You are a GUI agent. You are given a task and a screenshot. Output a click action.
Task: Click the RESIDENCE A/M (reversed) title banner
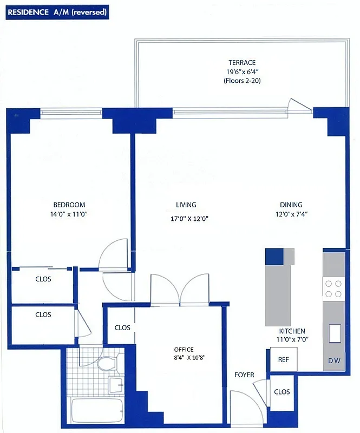pos(57,11)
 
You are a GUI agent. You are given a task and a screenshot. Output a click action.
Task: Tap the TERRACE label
pos(241,63)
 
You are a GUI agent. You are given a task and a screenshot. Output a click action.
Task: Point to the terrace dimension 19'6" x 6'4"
pos(241,71)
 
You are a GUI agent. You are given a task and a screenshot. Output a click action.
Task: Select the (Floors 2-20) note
pos(241,80)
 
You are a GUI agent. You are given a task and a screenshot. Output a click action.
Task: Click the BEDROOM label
pos(69,205)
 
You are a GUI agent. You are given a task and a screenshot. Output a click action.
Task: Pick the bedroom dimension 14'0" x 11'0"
pos(69,214)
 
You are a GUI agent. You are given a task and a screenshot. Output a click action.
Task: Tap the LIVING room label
pos(186,205)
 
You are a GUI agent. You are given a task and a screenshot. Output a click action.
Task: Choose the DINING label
pos(291,205)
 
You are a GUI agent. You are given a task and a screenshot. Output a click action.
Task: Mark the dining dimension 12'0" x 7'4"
pos(291,214)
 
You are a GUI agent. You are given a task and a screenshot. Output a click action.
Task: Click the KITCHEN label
pos(292,331)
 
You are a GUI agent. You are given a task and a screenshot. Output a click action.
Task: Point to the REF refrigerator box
pos(283,359)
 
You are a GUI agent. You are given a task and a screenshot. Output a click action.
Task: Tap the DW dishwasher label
pos(333,361)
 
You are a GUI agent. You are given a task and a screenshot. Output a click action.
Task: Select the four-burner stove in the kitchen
pos(333,288)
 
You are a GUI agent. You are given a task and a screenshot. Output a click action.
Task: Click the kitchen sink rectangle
pos(335,332)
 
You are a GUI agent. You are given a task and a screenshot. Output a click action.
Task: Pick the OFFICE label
pos(184,349)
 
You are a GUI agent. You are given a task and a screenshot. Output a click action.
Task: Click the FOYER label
pos(244,375)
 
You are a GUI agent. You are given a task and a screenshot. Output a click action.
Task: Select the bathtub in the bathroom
pos(97,411)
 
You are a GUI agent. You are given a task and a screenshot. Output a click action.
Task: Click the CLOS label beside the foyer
pos(282,392)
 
